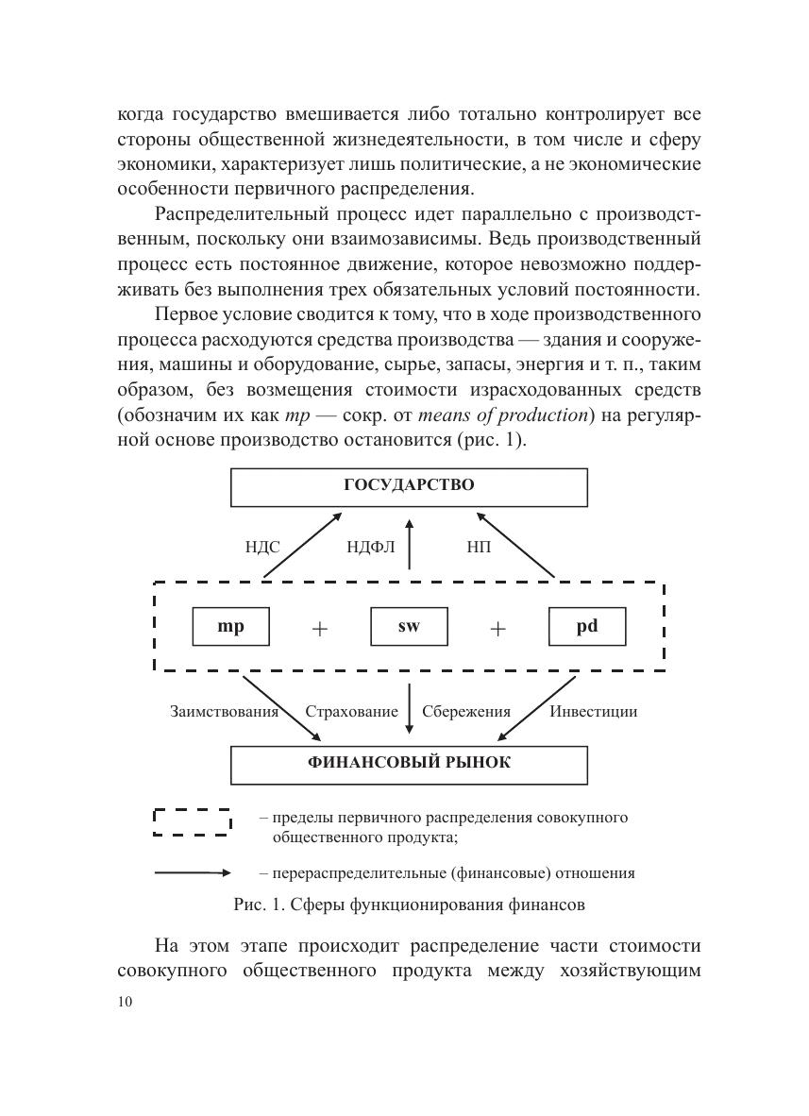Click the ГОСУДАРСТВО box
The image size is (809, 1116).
click(409, 486)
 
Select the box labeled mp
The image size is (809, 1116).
click(230, 626)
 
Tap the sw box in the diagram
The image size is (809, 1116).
click(409, 626)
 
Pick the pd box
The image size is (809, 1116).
click(587, 626)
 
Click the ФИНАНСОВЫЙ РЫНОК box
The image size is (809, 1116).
click(409, 764)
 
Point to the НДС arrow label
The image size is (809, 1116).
click(262, 547)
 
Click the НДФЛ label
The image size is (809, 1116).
click(371, 547)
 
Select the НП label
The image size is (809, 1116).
click(479, 547)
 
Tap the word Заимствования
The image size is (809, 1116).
click(224, 712)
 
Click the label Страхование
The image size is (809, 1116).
click(351, 712)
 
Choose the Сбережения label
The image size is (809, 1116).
click(466, 712)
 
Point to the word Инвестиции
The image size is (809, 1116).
click(594, 712)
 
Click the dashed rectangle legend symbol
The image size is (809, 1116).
click(193, 822)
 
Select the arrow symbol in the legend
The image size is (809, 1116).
click(193, 873)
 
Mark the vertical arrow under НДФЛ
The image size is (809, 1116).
click(409, 543)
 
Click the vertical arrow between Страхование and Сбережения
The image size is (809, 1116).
click(409, 709)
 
